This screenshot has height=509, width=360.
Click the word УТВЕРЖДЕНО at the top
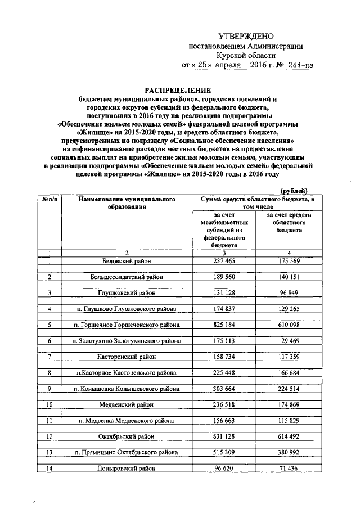click(246, 37)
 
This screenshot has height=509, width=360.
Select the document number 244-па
click(299, 65)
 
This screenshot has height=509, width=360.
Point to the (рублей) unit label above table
click(294, 191)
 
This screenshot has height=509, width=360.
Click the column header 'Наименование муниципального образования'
click(127, 203)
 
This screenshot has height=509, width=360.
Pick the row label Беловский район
click(127, 261)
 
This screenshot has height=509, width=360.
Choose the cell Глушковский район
click(127, 293)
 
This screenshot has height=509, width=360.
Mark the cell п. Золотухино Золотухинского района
click(127, 341)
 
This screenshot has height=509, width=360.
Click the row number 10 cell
click(49, 404)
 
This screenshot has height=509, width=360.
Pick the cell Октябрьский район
click(127, 436)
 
